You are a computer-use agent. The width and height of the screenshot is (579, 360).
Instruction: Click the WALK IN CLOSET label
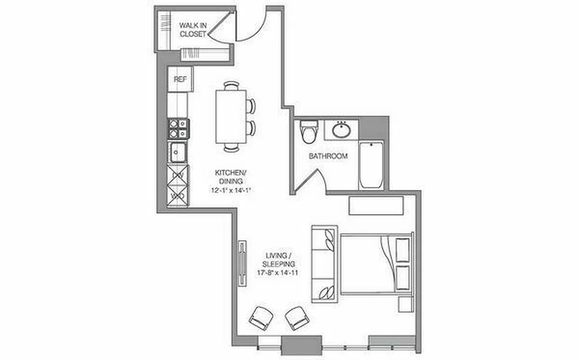pyautogui.click(x=193, y=29)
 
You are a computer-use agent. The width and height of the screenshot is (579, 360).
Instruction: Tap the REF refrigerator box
pyautogui.click(x=180, y=79)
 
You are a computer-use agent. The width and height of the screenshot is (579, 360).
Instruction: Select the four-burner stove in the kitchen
pyautogui.click(x=178, y=128)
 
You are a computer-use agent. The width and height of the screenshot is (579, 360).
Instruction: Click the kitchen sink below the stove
pyautogui.click(x=178, y=152)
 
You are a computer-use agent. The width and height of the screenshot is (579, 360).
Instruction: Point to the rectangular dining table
pyautogui.click(x=231, y=117)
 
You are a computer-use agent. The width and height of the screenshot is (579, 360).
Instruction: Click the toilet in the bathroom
pyautogui.click(x=309, y=131)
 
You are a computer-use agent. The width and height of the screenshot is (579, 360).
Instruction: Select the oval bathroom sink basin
pyautogui.click(x=341, y=130)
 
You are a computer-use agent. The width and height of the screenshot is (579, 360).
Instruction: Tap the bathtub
pyautogui.click(x=371, y=165)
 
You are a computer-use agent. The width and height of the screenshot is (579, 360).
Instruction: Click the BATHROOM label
pyautogui.click(x=328, y=156)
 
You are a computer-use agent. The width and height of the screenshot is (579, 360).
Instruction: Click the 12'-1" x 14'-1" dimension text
pyautogui.click(x=230, y=190)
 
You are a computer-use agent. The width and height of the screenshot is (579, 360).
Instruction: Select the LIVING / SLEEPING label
pyautogui.click(x=279, y=260)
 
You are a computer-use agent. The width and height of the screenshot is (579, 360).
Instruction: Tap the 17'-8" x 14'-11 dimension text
pyautogui.click(x=279, y=273)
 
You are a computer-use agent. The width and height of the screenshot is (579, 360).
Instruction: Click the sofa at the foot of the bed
pyautogui.click(x=324, y=264)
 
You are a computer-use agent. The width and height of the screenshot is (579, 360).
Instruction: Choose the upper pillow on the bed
pyautogui.click(x=402, y=250)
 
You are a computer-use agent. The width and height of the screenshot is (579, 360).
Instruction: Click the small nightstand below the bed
pyautogui.click(x=405, y=304)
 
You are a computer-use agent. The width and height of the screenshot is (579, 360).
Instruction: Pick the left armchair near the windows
pyautogui.click(x=261, y=318)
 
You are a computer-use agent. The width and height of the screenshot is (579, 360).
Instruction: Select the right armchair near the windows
pyautogui.click(x=297, y=318)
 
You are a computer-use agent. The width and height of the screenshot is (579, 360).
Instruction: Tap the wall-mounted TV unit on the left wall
pyautogui.click(x=242, y=263)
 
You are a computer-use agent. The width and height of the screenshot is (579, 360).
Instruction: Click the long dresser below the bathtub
pyautogui.click(x=376, y=205)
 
